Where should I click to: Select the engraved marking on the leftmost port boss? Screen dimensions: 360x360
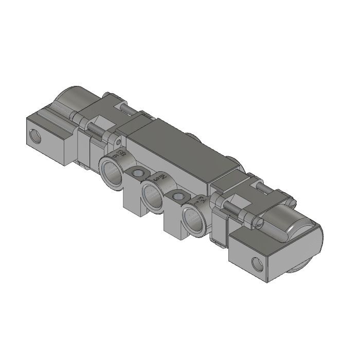coord(121,154)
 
